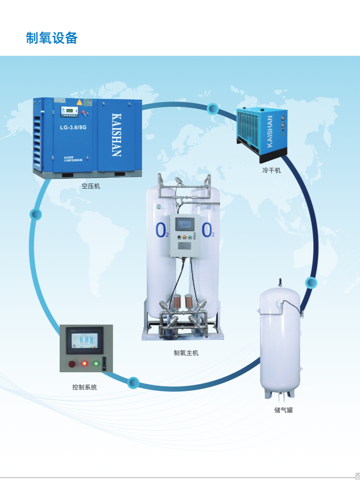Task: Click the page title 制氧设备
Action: tap(51, 38)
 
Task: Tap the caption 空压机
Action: tap(90, 186)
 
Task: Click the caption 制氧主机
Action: tap(186, 353)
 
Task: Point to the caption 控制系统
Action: tap(84, 388)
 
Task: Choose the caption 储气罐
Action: tap(283, 410)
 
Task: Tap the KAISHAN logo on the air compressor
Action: tap(116, 134)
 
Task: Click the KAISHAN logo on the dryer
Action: tap(270, 131)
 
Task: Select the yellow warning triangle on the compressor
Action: tap(80, 102)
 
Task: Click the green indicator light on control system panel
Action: tap(96, 364)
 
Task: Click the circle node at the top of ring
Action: tap(213, 109)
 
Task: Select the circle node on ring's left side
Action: tap(36, 214)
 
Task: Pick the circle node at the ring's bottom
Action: tap(134, 382)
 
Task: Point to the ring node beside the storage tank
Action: tap(311, 283)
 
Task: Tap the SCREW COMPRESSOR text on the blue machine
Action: tap(73, 159)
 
